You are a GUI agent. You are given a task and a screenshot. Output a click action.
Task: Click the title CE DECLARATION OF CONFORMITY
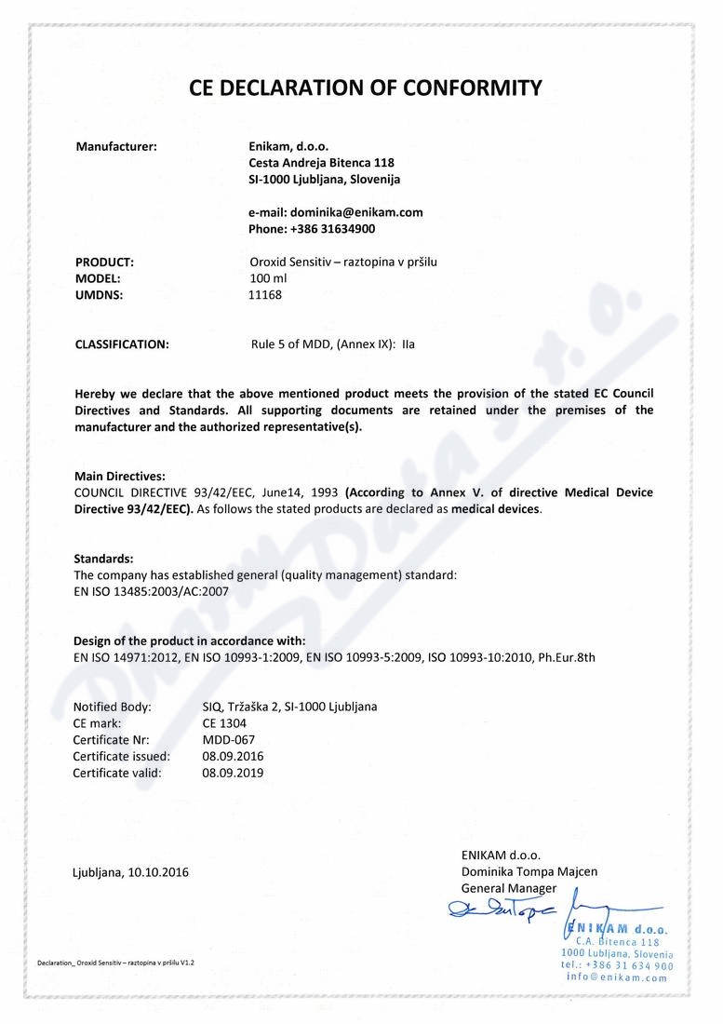tap(365, 88)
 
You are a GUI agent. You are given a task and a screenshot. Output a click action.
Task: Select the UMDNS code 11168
tap(265, 295)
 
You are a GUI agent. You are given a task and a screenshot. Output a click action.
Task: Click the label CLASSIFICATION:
tap(122, 344)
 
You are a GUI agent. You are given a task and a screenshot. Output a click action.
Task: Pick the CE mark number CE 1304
tap(224, 722)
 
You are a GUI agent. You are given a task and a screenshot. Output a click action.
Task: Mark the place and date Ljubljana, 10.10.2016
tap(130, 872)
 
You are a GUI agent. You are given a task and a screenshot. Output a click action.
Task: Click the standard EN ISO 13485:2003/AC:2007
tap(151, 590)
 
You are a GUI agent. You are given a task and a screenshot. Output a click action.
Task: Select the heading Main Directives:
tap(119, 477)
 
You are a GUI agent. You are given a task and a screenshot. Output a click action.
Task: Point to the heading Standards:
tap(103, 559)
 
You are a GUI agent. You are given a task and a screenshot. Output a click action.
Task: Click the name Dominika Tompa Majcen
tap(529, 871)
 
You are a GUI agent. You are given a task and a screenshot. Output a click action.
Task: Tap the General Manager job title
tap(508, 888)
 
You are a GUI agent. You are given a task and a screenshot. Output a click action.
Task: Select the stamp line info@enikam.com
tap(617, 977)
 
